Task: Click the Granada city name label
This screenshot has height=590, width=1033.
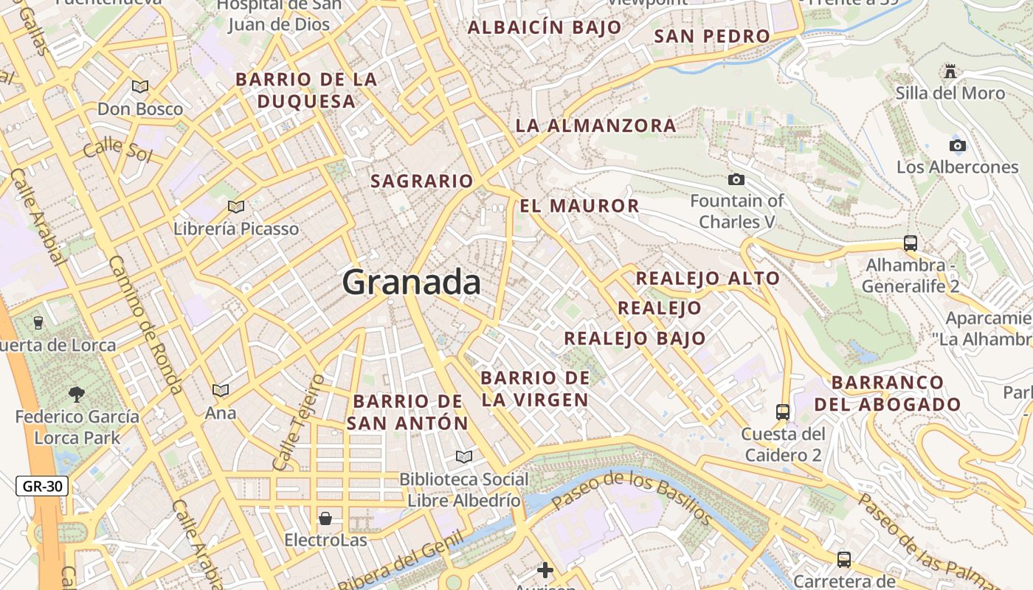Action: point(412,282)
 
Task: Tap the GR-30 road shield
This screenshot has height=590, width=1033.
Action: point(42,486)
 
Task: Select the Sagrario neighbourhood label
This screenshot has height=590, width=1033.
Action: point(421,181)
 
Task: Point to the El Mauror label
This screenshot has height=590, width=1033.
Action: point(579,206)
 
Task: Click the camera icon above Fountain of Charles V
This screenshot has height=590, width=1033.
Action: point(736,179)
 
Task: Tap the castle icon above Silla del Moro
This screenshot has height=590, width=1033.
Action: point(950,72)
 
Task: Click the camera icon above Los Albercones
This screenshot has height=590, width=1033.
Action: point(958,145)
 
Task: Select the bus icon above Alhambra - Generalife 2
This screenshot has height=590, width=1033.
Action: point(911,243)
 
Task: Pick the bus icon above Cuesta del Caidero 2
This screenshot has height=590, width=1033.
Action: point(783,412)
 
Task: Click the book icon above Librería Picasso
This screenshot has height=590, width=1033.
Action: point(236,207)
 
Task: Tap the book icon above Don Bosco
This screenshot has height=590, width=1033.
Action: point(140,87)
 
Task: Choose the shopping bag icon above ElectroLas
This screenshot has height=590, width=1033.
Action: point(325,518)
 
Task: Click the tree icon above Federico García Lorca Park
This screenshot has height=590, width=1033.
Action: point(77,395)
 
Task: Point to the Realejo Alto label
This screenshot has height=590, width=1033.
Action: point(708,278)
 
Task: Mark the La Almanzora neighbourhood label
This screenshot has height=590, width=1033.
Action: point(595,125)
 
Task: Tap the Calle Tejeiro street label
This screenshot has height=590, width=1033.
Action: point(298,423)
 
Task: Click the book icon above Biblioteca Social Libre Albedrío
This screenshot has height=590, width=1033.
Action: point(463,457)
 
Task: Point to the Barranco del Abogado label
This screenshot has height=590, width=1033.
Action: point(888,393)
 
